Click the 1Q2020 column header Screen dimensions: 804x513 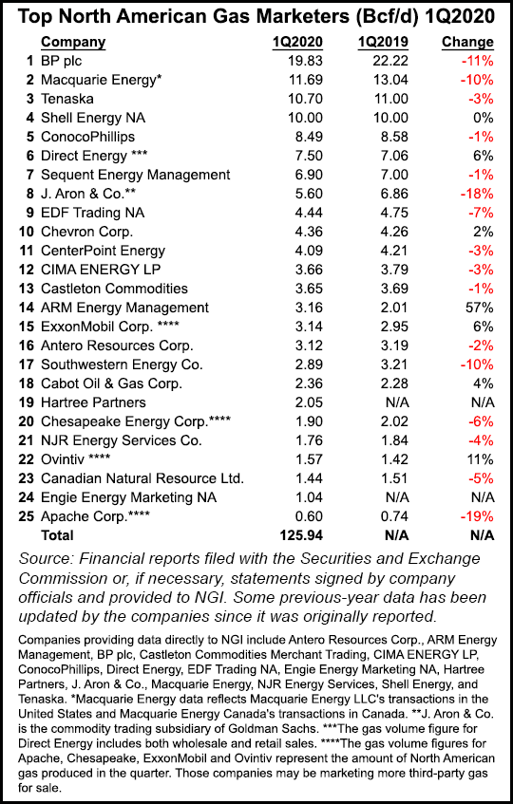pos(293,42)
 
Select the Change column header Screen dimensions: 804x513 pos(467,42)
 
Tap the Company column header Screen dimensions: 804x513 pos(74,42)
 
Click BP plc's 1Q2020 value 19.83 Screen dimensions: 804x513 pos(294,61)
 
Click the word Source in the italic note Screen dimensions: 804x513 pos(48,559)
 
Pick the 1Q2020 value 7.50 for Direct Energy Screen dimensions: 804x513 pos(297,156)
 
